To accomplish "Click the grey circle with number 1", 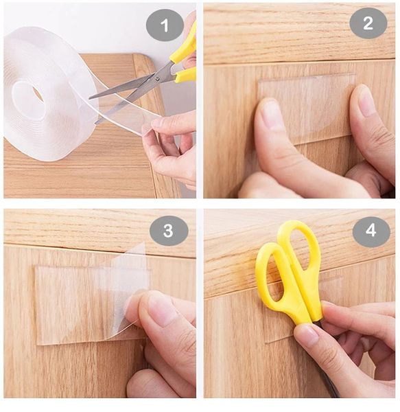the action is click(165, 25).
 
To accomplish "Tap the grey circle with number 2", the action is click(368, 23).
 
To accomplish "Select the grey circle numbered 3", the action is click(169, 231).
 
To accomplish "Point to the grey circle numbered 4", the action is click(371, 231).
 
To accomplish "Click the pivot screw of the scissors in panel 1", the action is click(156, 78).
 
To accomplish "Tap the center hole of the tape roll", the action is click(36, 94).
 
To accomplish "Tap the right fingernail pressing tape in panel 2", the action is click(366, 101).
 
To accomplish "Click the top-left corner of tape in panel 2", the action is click(259, 82).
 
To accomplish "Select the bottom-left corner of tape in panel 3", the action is click(38, 343).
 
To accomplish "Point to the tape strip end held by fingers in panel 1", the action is click(148, 126).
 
